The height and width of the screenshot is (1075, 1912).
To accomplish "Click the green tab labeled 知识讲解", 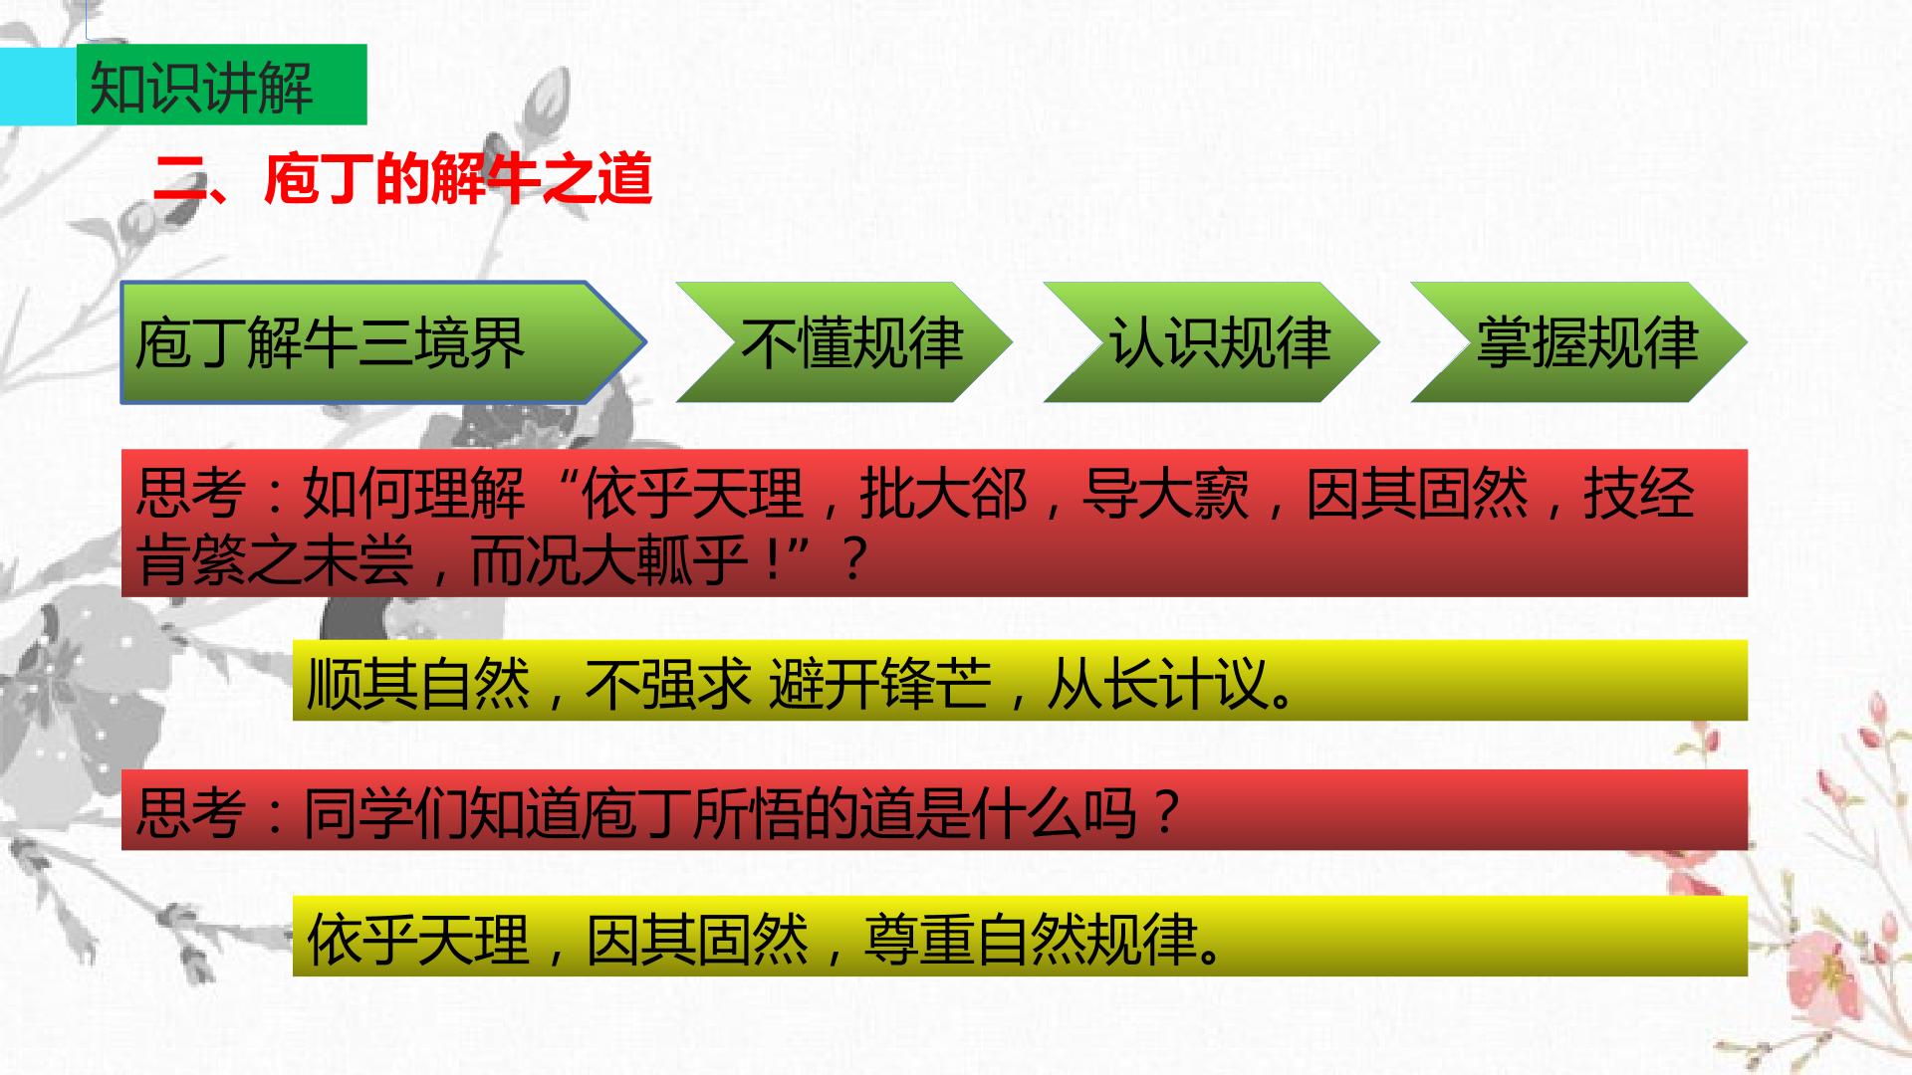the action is click(x=221, y=85).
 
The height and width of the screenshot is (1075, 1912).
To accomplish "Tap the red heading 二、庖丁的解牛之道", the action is click(x=402, y=179).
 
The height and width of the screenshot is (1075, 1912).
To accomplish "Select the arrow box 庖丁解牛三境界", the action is click(x=383, y=342).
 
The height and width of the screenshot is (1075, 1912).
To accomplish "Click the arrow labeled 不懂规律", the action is click(x=844, y=342).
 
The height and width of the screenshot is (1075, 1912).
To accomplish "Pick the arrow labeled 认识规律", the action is click(x=1212, y=342).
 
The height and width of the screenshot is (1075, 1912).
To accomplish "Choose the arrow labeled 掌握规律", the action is click(x=1579, y=342).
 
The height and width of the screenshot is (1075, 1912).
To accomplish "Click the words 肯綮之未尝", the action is click(x=275, y=559).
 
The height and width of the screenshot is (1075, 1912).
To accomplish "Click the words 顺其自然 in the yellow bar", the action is click(x=418, y=683).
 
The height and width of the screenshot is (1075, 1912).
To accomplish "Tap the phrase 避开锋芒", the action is click(x=880, y=683).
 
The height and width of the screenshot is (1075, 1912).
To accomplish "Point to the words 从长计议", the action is click(x=1158, y=683).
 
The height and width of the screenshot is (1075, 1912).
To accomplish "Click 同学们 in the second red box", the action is click(x=385, y=812).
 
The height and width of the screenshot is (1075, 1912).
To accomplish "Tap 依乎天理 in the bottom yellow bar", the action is click(x=418, y=938).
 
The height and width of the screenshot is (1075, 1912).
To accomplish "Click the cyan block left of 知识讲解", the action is click(x=38, y=85).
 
